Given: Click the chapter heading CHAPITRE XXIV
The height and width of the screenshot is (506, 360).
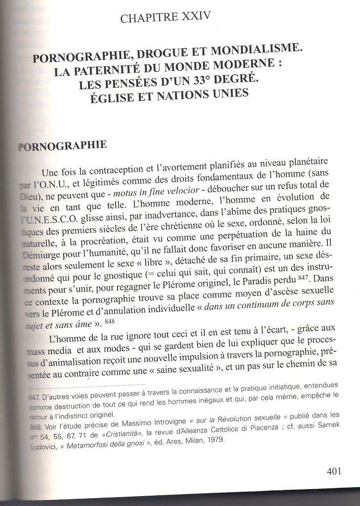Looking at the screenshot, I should (165, 18).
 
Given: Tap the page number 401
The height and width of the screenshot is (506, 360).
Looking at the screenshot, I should (334, 471).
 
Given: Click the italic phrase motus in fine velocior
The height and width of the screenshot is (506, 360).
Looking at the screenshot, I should (156, 191).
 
